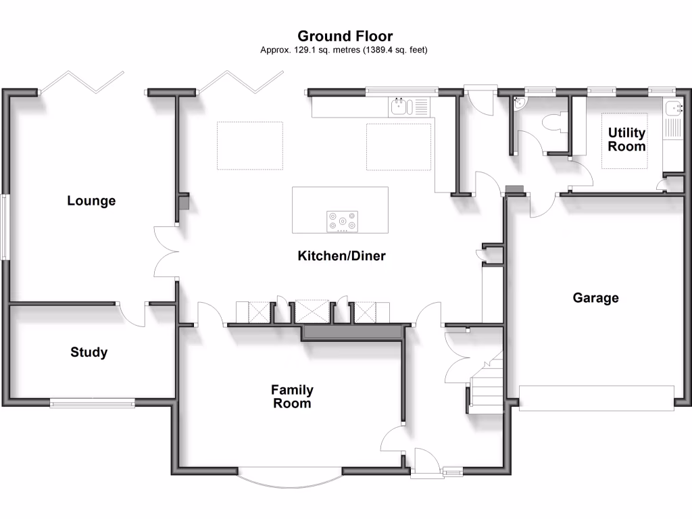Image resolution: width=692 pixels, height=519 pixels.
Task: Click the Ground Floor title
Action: pos(345,36)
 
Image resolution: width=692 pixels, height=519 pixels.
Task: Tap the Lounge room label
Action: pos(91,201)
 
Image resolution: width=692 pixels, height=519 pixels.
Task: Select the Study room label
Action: pos(89,352)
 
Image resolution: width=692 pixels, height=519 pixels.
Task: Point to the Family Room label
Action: pos(292,397)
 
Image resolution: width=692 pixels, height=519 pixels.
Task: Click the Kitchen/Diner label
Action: pos(341,256)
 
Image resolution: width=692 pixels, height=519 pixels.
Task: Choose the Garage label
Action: pos(595,297)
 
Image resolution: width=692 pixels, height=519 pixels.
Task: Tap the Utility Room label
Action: pos(626,139)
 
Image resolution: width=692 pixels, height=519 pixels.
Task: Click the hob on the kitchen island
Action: pos(343,221)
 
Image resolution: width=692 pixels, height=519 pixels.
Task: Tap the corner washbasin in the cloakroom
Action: pos(520,103)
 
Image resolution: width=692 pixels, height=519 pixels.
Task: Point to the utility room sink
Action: pos(674,109)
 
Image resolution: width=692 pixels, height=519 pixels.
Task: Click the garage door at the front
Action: pos(596,398)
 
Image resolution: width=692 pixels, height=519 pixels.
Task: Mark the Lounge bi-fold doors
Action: pos(82,80)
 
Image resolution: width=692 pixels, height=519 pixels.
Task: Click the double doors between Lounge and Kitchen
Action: pos(166,251)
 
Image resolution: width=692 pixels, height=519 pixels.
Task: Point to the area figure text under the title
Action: pos(345,50)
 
